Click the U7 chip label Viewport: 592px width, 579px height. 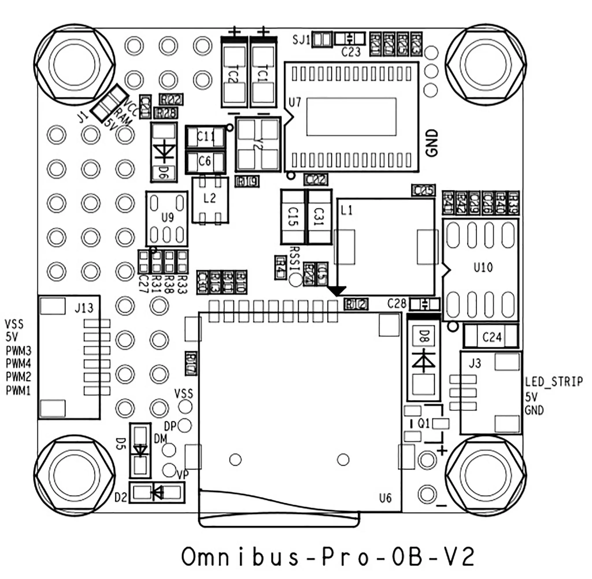[x=295, y=103]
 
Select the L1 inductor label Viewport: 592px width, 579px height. [x=347, y=210]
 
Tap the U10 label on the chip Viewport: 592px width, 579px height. [x=483, y=268]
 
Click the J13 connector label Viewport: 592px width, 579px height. [x=84, y=308]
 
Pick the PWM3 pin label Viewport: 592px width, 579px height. [x=18, y=351]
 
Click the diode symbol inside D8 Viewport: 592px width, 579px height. [x=423, y=362]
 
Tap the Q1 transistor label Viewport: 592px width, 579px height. [x=423, y=423]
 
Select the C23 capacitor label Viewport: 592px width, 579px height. [x=351, y=52]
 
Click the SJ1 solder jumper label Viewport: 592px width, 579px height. [x=301, y=40]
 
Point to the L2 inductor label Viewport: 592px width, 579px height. [x=209, y=198]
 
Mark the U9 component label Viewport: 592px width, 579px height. [x=167, y=217]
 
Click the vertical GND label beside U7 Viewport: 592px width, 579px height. [x=432, y=143]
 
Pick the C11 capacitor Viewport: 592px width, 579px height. [x=206, y=137]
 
